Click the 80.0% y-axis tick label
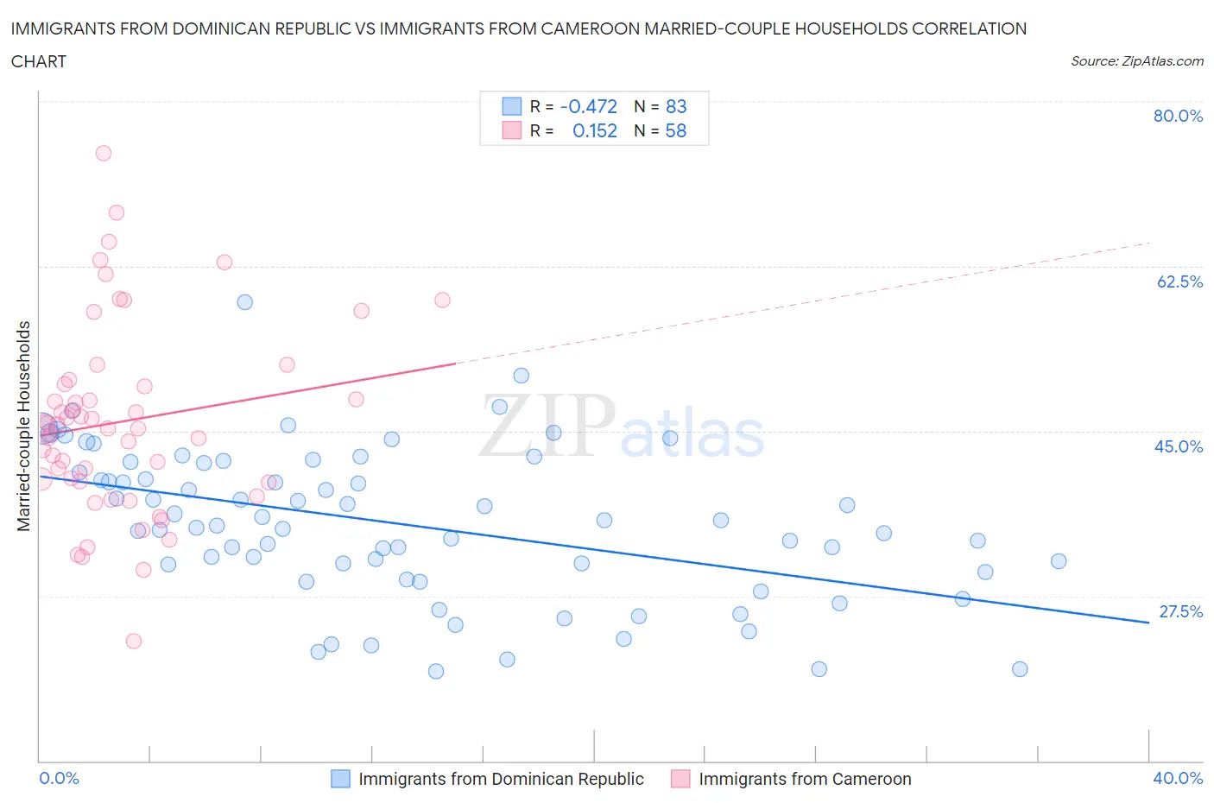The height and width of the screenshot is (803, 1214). (x=1178, y=116)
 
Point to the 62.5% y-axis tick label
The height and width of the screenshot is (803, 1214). (x=1179, y=281)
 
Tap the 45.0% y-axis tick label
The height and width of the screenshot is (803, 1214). (x=1179, y=446)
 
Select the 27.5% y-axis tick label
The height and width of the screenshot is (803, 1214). (x=1180, y=611)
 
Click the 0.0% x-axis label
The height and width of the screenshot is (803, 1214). (x=59, y=778)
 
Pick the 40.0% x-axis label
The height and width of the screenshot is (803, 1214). (x=1178, y=778)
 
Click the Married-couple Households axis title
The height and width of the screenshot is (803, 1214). (x=24, y=426)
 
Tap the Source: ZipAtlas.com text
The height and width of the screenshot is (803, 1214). (x=1136, y=60)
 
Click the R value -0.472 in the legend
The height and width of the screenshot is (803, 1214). (x=588, y=106)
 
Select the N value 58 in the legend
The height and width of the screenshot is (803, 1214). (x=675, y=130)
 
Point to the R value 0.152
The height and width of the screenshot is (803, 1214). (x=595, y=130)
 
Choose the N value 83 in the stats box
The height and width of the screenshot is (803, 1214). (x=675, y=106)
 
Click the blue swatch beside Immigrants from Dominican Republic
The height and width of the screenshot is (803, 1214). (x=340, y=779)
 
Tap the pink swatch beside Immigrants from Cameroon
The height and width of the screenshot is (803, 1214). (x=680, y=779)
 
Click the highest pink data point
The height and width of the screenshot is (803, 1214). (x=104, y=153)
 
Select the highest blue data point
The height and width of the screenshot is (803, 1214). (x=245, y=302)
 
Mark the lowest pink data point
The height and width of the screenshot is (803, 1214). (x=134, y=641)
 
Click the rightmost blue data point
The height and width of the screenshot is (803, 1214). (x=1059, y=561)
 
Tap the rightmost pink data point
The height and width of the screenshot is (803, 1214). (x=442, y=300)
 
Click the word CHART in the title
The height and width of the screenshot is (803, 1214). (x=39, y=61)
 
